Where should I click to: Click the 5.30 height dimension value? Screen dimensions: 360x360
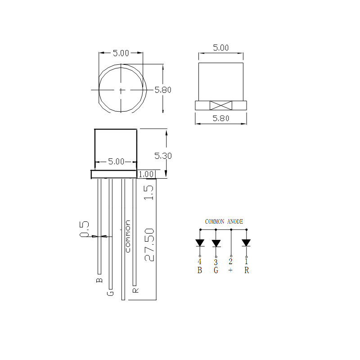[163, 156]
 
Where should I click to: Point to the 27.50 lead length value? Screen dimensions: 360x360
[149, 244]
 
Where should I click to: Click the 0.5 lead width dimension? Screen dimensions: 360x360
[84, 229]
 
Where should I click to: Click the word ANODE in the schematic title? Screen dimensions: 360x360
[235, 222]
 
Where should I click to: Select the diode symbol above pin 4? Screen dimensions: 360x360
[200, 243]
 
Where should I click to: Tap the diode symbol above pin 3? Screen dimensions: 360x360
[216, 243]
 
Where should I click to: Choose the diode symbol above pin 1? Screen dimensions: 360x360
[246, 243]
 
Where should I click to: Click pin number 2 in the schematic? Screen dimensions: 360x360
[231, 261]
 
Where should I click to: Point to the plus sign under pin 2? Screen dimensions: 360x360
[231, 270]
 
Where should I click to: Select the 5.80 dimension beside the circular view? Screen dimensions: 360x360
[163, 90]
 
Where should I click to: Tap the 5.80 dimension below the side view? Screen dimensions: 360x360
[220, 119]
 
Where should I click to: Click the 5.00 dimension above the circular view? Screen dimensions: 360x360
[121, 53]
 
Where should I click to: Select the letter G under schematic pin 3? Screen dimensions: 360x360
[216, 270]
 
